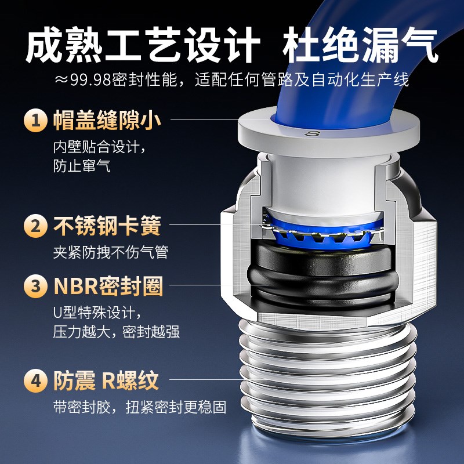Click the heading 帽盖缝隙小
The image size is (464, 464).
[x=107, y=121]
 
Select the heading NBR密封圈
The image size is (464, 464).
[x=108, y=287]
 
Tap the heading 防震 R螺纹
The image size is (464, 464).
[x=106, y=382]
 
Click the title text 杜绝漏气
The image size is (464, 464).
[x=361, y=46]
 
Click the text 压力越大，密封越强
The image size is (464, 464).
[x=117, y=332]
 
